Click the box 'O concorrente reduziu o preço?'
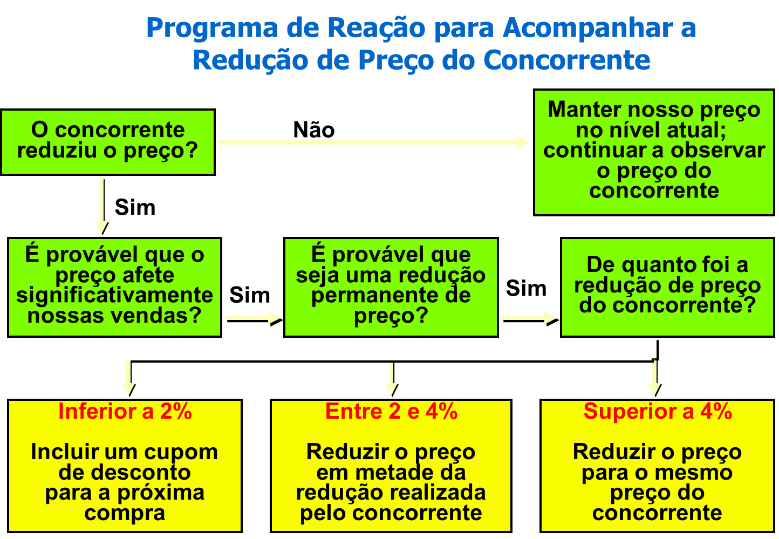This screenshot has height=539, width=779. click(108, 142)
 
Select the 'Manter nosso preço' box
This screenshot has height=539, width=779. click(654, 152)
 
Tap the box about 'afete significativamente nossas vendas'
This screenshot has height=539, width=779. click(114, 287)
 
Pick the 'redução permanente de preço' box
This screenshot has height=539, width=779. click(391, 287)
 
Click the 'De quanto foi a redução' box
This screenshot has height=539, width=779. click(667, 287)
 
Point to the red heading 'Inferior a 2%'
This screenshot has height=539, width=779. click(125, 412)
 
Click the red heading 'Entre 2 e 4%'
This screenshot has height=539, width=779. click(391, 412)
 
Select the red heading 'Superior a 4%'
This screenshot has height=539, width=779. click(657, 412)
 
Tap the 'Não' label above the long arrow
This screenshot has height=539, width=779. click(313, 130)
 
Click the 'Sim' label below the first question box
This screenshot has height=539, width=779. click(135, 208)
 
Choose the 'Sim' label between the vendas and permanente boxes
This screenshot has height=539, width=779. click(250, 295)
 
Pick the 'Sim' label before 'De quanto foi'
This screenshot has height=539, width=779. click(526, 288)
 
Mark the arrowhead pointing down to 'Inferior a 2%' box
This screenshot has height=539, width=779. click(128, 390)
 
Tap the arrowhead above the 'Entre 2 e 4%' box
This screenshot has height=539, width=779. click(391, 390)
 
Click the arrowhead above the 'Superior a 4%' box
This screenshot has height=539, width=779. click(654, 390)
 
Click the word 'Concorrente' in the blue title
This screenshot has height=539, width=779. click(566, 60)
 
